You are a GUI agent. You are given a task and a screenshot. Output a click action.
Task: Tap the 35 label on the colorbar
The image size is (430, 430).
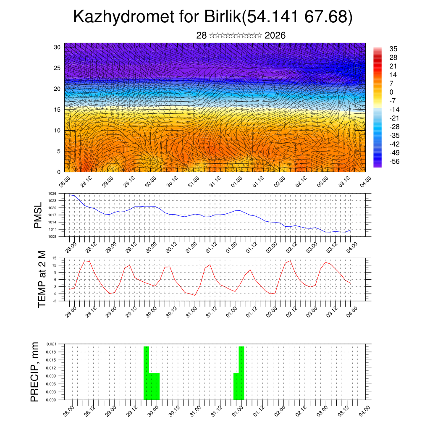pos(393,49)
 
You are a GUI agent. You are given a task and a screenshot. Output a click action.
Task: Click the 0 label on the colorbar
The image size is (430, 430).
pos(391,92)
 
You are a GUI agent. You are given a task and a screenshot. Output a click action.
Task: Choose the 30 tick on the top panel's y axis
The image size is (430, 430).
pos(58,47)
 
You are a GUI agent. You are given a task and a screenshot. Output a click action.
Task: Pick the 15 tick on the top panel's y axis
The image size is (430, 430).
pos(58,110)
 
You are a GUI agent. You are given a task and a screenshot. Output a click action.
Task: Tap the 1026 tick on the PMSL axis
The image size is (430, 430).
pos(52,194)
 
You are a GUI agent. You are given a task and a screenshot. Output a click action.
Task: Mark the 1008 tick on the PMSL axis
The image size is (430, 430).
pos(52,236)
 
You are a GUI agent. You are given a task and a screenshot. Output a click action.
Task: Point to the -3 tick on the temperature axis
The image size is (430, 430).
pos(55,301)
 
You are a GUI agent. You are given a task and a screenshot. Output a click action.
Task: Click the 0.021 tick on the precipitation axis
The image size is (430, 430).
pos(51,344)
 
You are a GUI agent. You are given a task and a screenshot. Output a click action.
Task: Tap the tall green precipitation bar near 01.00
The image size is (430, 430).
pos(241,373)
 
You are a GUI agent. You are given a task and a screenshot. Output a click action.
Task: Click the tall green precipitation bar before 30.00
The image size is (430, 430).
pos(147,373)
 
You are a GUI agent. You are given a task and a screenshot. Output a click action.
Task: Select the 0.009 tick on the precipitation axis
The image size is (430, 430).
pos(51,376)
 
